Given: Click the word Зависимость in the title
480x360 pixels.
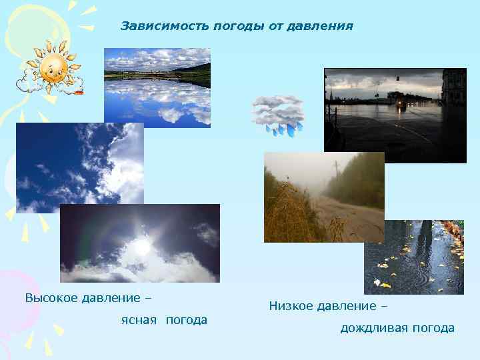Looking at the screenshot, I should (x=165, y=26).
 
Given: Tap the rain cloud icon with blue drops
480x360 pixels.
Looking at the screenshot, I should (x=277, y=114).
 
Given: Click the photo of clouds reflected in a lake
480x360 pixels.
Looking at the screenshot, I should (x=157, y=87).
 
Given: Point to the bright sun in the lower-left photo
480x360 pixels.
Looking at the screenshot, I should (x=142, y=246).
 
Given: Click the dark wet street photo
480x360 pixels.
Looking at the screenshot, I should (x=395, y=115).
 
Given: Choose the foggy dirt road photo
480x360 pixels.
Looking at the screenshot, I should (x=324, y=197).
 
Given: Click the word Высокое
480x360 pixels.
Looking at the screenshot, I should (x=50, y=297).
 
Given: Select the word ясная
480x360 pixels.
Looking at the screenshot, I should (x=139, y=320).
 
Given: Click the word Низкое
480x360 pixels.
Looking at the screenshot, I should (x=291, y=306).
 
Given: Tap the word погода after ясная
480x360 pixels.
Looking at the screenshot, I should (x=186, y=320).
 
